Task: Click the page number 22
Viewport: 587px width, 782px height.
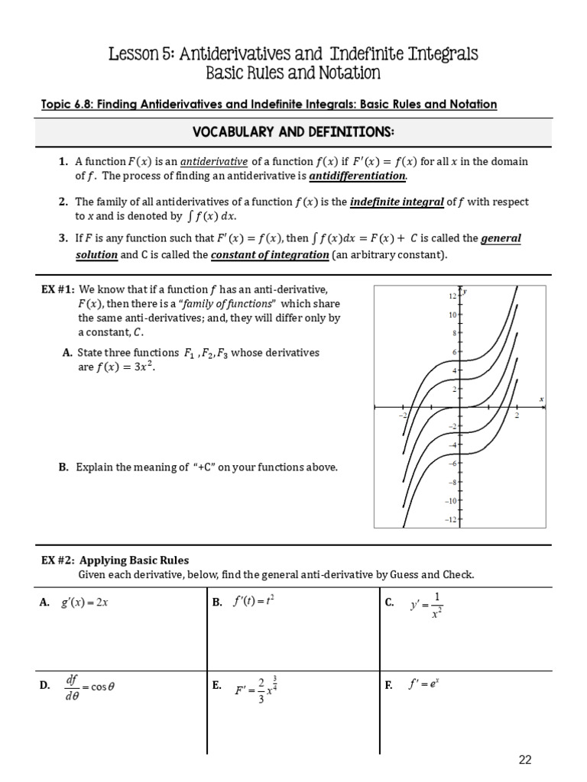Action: click(525, 759)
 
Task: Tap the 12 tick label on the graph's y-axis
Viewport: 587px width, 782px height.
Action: click(452, 295)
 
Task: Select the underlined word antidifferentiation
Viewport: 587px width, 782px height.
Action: click(358, 176)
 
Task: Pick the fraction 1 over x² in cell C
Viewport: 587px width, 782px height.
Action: click(436, 605)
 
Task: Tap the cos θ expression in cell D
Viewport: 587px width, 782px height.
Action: click(102, 686)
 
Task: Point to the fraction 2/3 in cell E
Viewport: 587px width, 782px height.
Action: click(261, 690)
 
